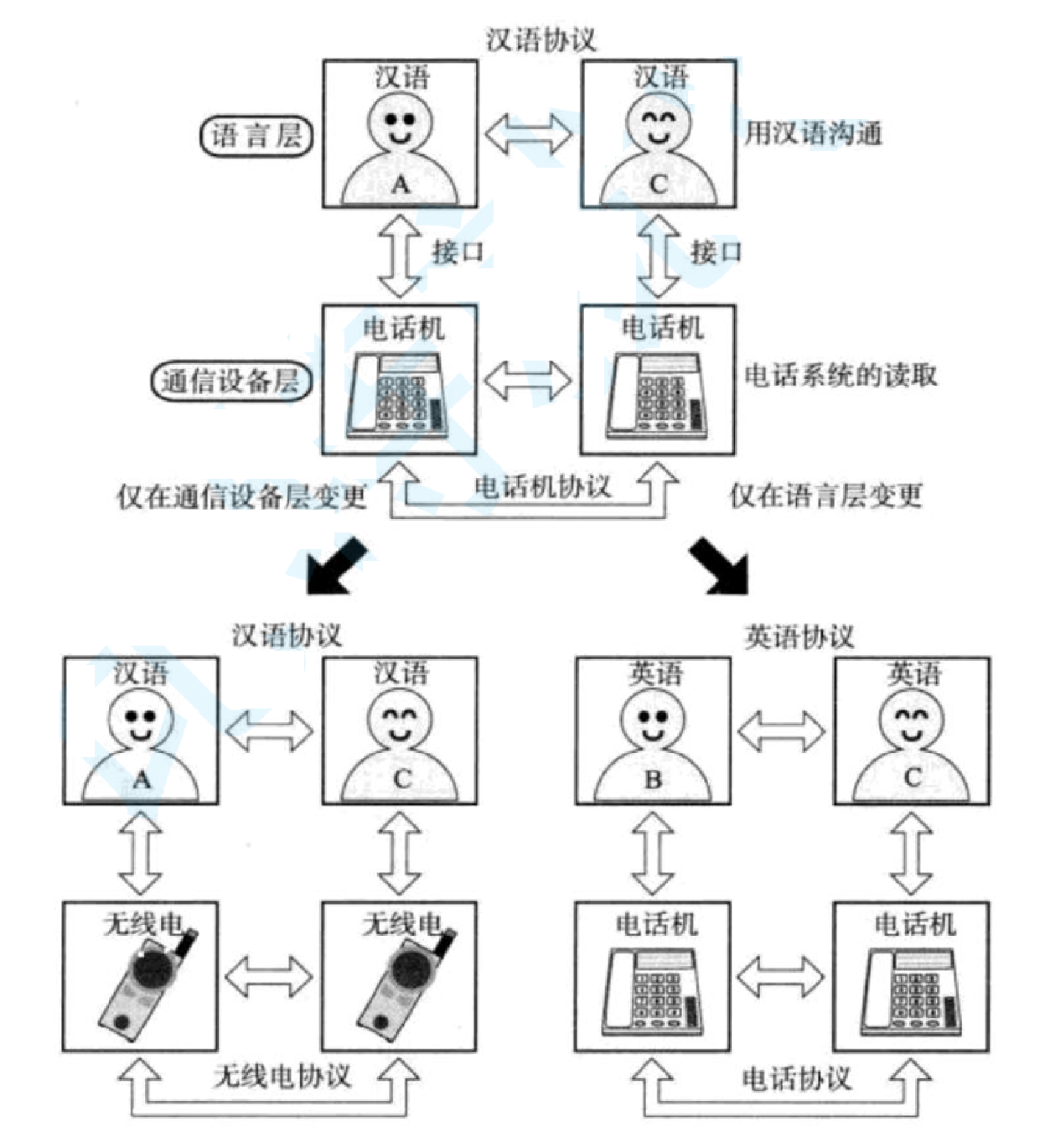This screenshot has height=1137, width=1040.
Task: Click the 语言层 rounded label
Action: [256, 136]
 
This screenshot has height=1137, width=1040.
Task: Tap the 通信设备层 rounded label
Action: [230, 382]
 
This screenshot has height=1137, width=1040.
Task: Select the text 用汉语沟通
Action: [813, 132]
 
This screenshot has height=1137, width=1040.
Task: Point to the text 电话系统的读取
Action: [841, 376]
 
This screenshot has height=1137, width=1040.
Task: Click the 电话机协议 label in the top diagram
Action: [542, 486]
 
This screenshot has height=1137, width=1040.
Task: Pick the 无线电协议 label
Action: [282, 1077]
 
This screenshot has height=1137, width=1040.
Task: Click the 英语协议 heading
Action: [799, 637]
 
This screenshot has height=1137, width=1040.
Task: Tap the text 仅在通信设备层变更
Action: [241, 496]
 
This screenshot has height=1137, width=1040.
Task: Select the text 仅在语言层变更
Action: [825, 496]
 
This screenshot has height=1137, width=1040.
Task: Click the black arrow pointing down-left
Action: [337, 567]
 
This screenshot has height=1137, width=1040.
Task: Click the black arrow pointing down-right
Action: [719, 568]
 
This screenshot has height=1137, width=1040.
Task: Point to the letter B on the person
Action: [653, 780]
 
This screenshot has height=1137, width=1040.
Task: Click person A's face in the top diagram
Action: [400, 122]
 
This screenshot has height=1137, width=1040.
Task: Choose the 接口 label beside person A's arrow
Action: [458, 252]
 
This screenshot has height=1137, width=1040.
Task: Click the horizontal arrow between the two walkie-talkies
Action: [270, 977]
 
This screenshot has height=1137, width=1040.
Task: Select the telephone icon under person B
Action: [653, 991]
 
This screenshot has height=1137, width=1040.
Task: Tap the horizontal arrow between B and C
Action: [781, 730]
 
